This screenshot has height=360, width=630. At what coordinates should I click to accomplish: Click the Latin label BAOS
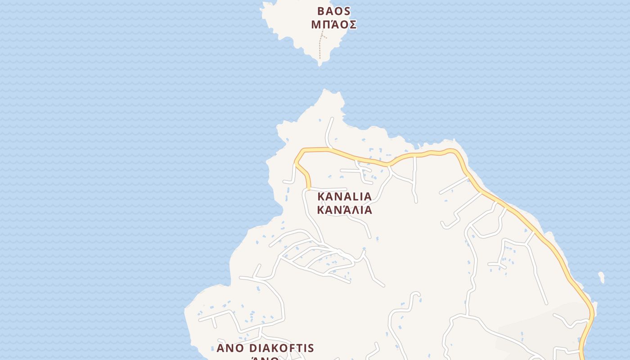(333, 11)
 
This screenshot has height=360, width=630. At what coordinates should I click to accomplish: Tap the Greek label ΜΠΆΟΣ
(333, 25)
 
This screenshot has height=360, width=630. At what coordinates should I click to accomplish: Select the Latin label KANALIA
(345, 197)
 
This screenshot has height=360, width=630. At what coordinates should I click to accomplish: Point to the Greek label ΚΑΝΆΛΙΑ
(345, 210)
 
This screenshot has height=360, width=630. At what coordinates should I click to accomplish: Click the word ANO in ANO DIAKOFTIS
(231, 348)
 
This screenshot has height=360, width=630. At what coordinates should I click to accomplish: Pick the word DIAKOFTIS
(281, 348)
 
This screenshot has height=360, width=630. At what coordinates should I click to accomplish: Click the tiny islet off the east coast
(601, 277)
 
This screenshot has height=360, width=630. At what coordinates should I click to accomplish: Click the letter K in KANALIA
(321, 197)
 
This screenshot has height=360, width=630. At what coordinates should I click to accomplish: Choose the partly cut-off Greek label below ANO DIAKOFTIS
(265, 358)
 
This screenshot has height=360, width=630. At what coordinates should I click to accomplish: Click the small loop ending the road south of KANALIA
(415, 295)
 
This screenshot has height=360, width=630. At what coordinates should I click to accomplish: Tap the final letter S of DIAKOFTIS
(310, 348)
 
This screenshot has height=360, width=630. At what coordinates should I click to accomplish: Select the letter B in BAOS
(321, 11)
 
